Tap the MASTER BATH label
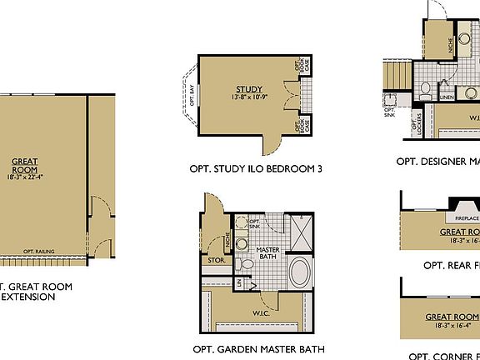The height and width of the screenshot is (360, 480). pyautogui.click(x=267, y=254)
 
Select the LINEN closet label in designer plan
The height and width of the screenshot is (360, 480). pyautogui.click(x=447, y=97)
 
